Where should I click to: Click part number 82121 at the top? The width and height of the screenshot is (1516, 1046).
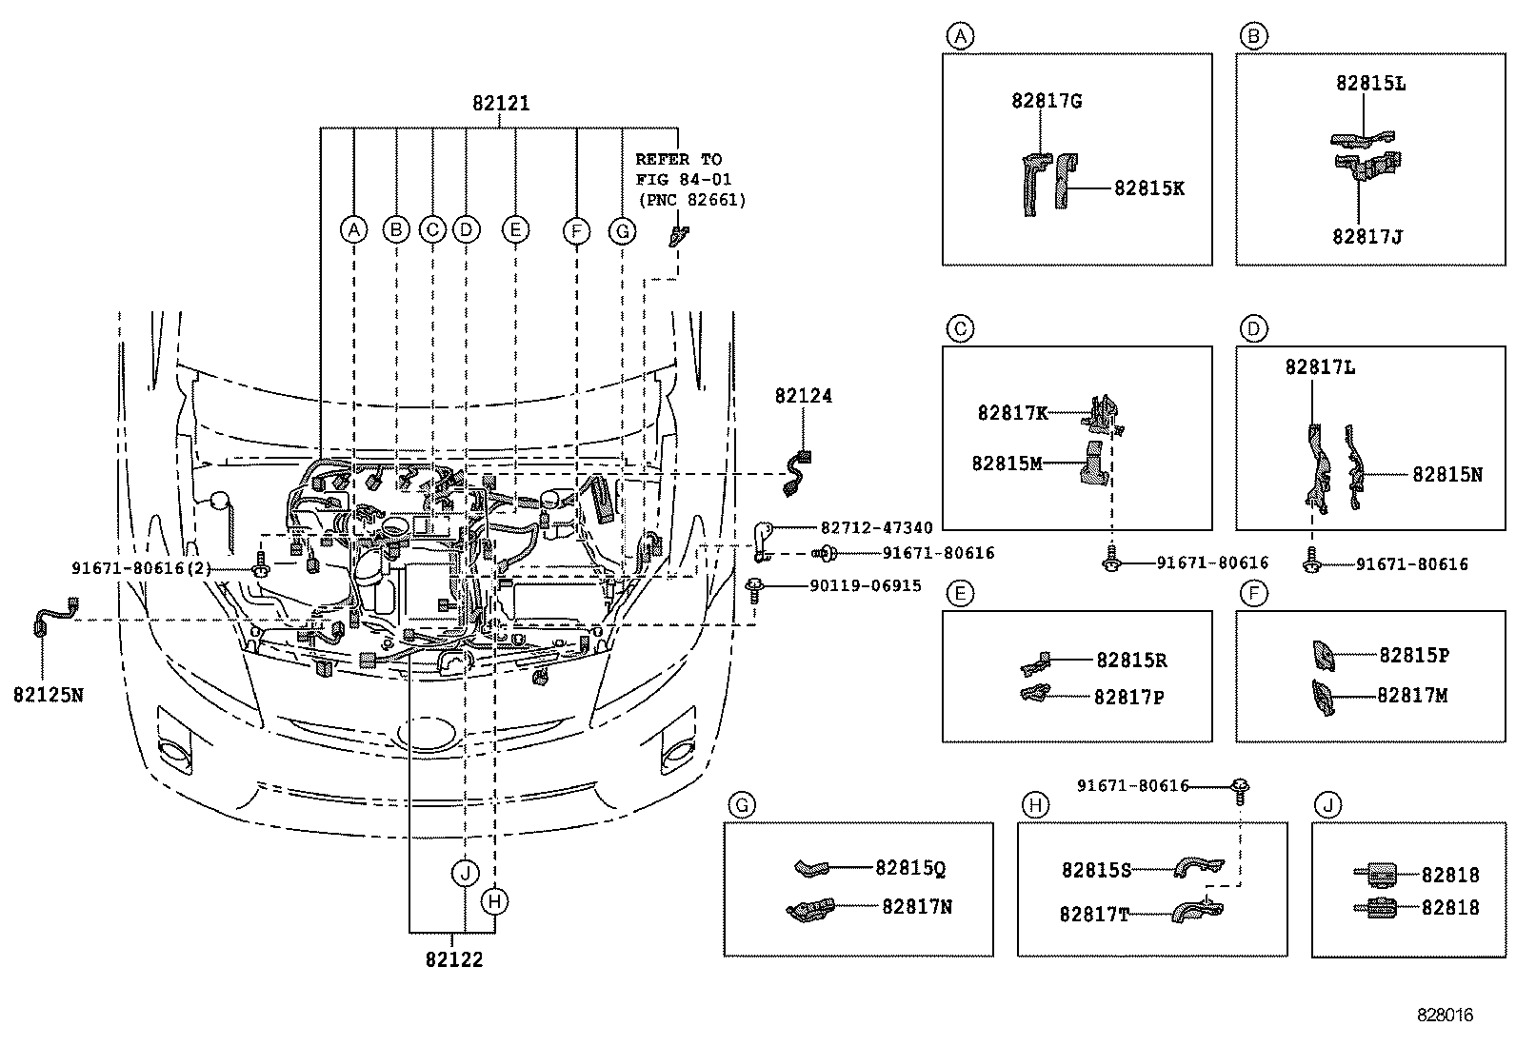501,104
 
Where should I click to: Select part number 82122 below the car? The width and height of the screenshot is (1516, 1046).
454,959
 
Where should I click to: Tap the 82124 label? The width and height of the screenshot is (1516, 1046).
803,396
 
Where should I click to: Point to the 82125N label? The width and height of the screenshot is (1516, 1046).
48,695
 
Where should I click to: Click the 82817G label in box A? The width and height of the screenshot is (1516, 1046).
1047,101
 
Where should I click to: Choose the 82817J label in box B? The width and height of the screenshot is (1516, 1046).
1367,236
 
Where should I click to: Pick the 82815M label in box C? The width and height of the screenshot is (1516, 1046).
1007,464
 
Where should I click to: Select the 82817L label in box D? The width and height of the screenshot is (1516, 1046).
1320,366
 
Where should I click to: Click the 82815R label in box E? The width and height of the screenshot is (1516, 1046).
1131,661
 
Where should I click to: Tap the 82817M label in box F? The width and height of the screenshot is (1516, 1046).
1412,696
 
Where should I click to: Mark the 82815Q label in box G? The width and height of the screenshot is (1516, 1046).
910,868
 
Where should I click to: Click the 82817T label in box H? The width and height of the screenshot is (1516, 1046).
1094,915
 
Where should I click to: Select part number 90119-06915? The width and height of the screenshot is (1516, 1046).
866,586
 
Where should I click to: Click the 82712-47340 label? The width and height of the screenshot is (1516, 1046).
876,527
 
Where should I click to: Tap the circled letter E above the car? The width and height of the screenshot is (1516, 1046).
514,229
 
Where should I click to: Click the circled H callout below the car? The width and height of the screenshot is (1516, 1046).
494,900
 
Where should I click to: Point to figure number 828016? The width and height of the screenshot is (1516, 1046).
1444,1016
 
